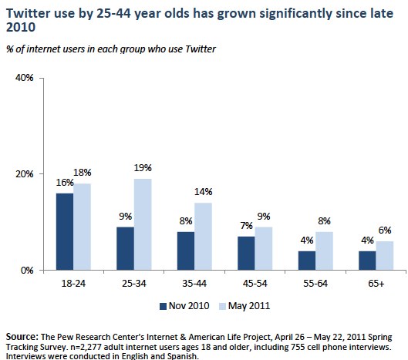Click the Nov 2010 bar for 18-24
65,231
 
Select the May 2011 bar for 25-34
143,224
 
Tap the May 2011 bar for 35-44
203,237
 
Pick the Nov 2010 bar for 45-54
246,253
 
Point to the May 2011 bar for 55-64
324,251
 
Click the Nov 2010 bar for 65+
367,261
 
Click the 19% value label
143,168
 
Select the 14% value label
203,192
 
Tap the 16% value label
65,183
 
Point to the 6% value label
385,230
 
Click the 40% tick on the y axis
25,78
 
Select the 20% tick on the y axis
25,173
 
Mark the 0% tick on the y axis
27,271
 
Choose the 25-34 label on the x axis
134,283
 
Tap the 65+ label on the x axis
376,283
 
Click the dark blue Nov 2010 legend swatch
163,306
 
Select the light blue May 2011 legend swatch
223,306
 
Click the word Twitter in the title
28,13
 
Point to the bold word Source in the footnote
22,337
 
